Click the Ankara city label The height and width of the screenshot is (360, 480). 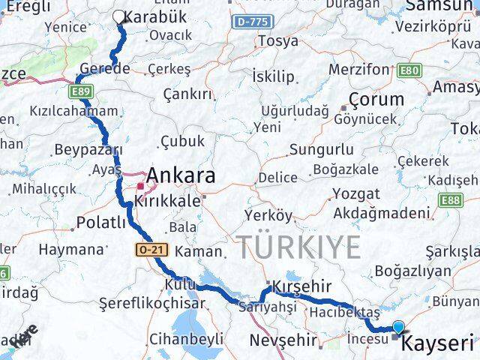[181, 177]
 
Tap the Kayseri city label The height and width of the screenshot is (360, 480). [439, 345]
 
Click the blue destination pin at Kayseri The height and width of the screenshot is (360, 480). [398, 328]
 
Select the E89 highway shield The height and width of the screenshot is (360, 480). [83, 91]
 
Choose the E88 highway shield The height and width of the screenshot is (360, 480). [451, 200]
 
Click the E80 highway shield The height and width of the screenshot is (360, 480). [409, 71]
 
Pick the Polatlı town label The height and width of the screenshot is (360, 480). [101, 222]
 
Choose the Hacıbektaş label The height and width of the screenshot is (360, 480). [348, 310]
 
